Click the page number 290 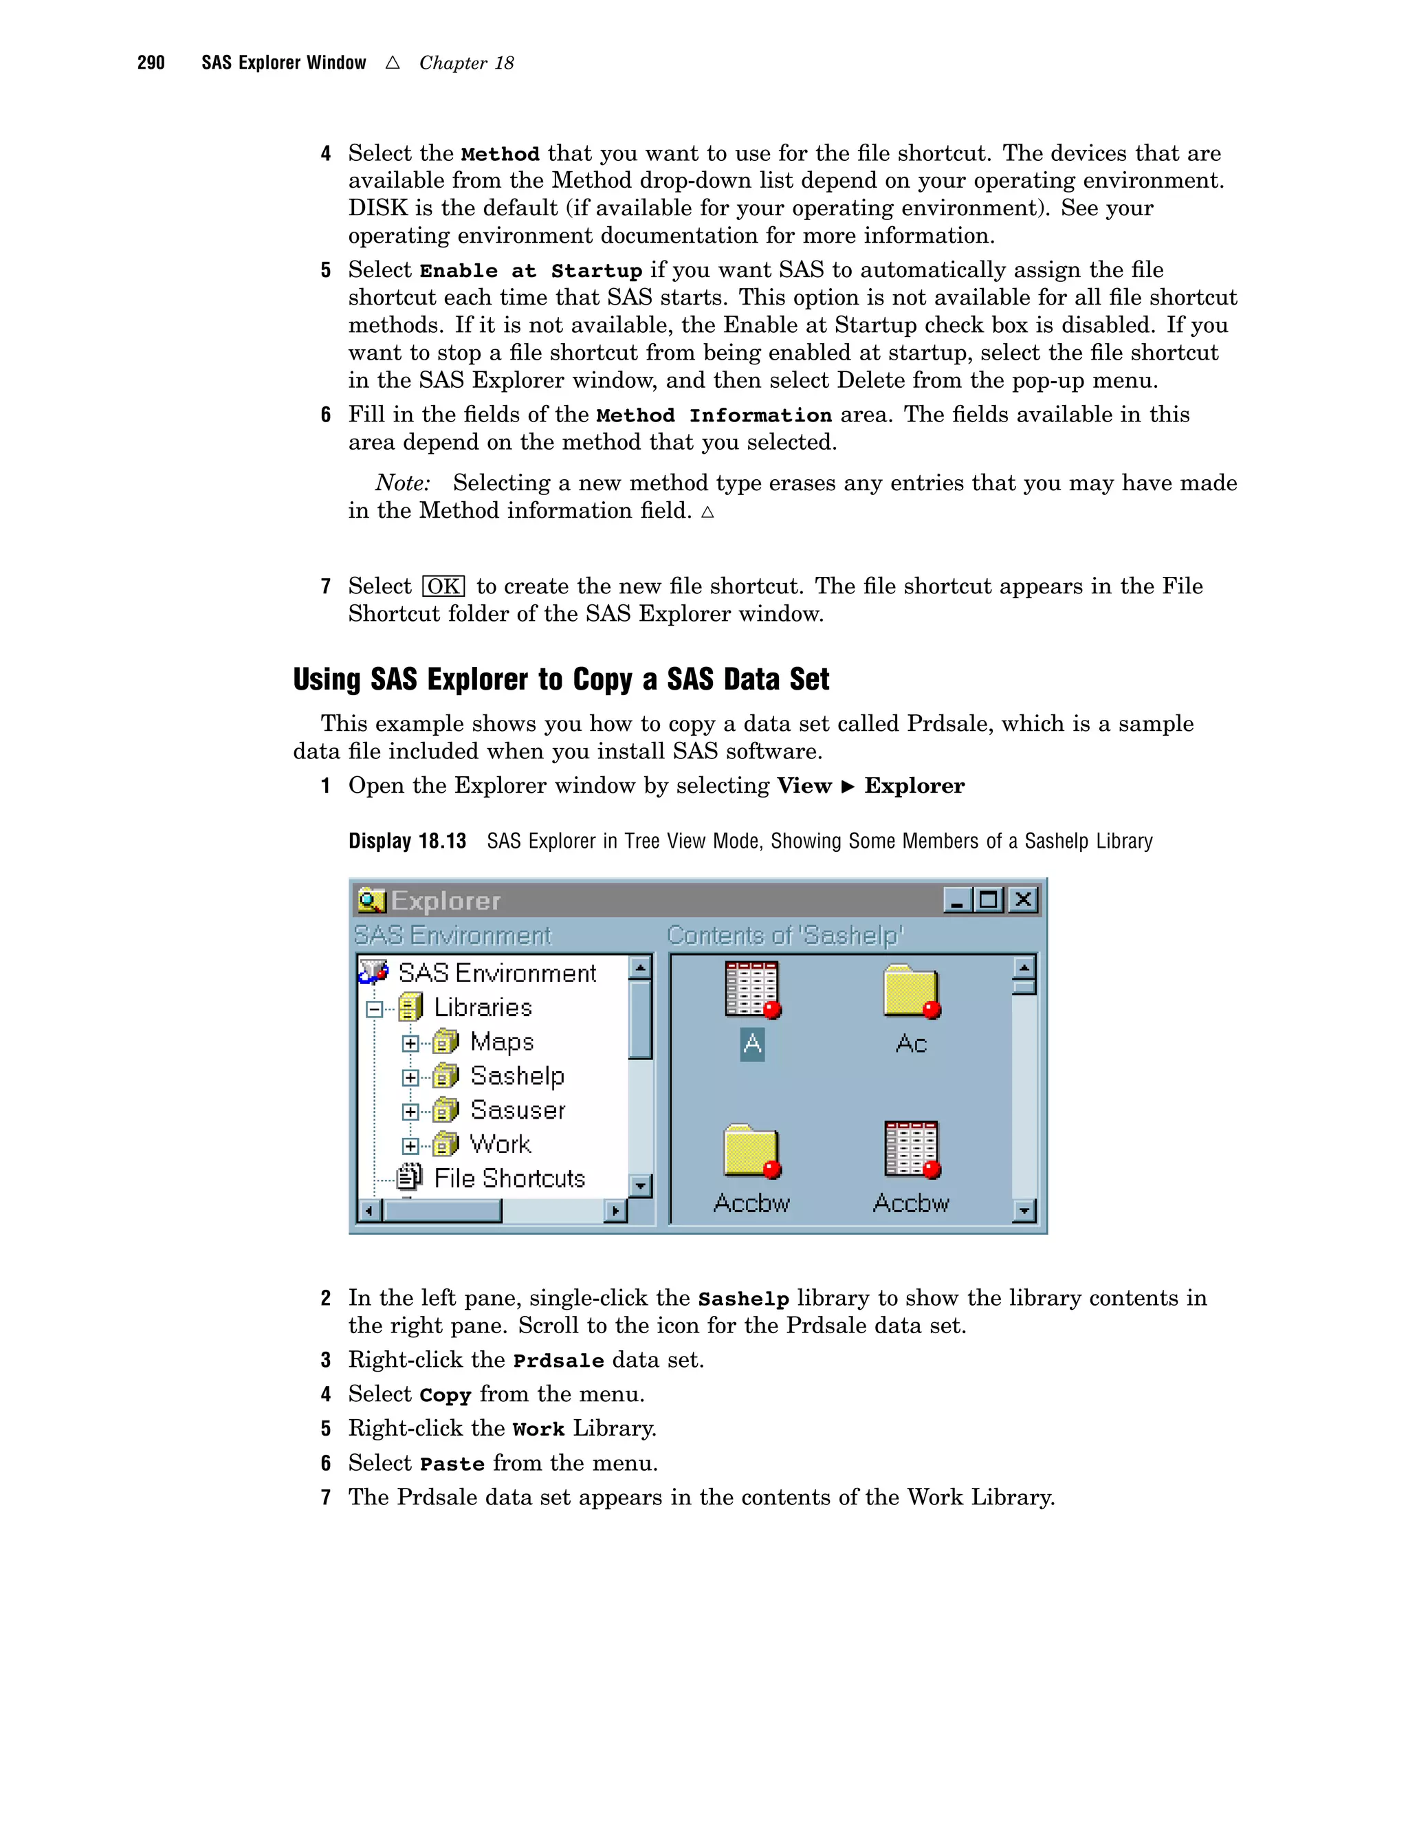151,63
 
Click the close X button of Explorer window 1022,899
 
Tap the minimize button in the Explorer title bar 957,899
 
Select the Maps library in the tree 501,1042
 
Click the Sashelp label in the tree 517,1076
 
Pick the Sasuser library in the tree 517,1110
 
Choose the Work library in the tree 500,1144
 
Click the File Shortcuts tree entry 509,1178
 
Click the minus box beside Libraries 375,1009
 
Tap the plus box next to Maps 410,1043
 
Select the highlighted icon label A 751,1044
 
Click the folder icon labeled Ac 911,993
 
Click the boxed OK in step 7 443,586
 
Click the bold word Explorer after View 914,786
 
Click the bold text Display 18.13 407,841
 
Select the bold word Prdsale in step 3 558,1361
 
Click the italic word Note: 403,483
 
